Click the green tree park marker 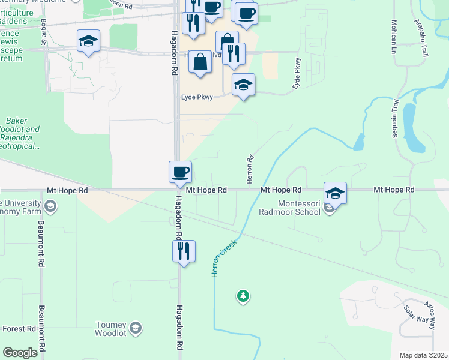coord(243,296)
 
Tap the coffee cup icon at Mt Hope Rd coord(180,172)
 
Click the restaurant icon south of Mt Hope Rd coord(184,251)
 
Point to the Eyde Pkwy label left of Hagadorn coord(197,96)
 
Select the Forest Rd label coord(19,329)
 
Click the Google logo coord(20,353)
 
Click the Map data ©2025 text coord(423,355)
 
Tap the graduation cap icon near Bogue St coord(88,41)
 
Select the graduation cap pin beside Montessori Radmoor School coord(335,193)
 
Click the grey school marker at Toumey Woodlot coord(136,328)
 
